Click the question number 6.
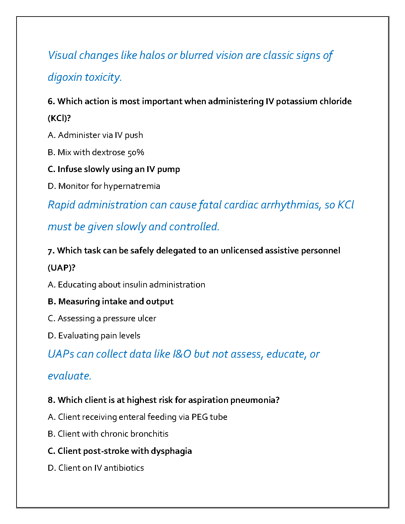click(51, 101)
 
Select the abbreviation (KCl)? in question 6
click(60, 118)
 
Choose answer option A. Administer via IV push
click(95, 135)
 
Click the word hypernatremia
click(132, 186)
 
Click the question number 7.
click(51, 250)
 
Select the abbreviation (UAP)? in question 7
click(62, 268)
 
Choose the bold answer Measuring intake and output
click(111, 301)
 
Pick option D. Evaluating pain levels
click(94, 335)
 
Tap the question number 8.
click(51, 400)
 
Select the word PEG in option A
click(200, 417)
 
